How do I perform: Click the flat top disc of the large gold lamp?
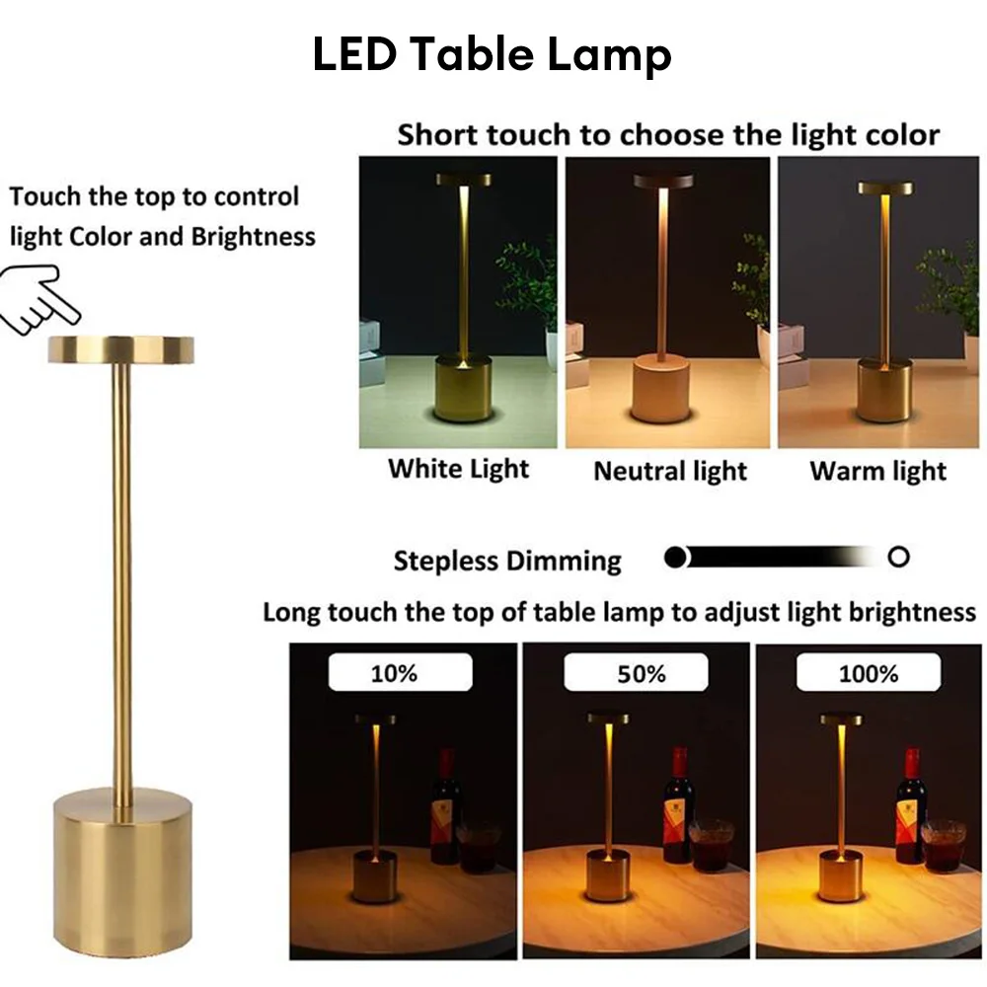click(120, 348)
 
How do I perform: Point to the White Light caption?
click(458, 468)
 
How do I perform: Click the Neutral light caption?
click(670, 471)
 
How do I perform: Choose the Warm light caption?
click(877, 471)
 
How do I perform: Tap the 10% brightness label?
click(394, 674)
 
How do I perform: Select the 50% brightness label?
click(642, 674)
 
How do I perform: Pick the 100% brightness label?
click(869, 674)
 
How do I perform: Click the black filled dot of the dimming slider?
click(675, 558)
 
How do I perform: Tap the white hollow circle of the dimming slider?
click(898, 558)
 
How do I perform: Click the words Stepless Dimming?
click(507, 562)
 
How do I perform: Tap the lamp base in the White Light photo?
click(463, 387)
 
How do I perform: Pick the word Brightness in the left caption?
click(254, 237)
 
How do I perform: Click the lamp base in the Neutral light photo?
click(661, 388)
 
